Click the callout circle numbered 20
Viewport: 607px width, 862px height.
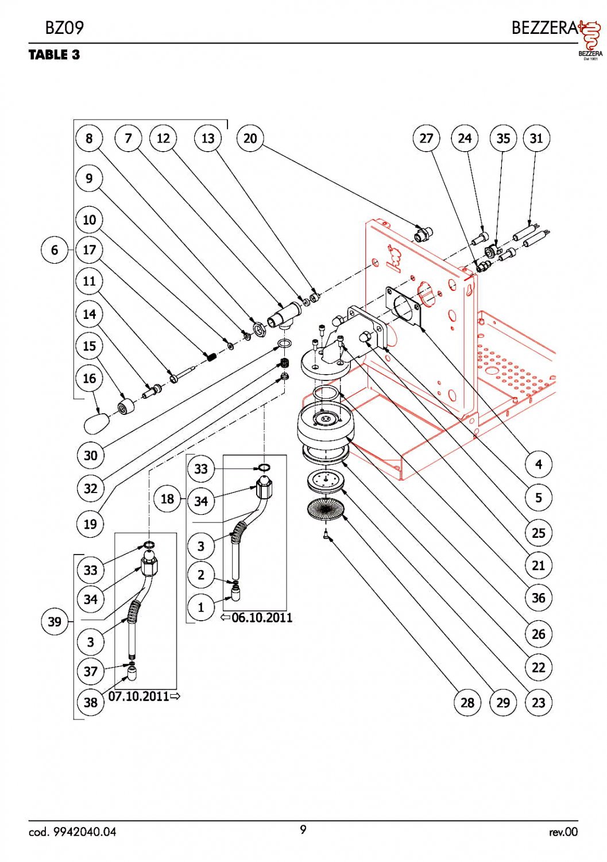pyautogui.click(x=250, y=138)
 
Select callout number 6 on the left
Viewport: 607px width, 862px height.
pyautogui.click(x=55, y=251)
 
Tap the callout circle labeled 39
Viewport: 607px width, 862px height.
pyautogui.click(x=55, y=622)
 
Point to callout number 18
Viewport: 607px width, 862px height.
pyautogui.click(x=167, y=498)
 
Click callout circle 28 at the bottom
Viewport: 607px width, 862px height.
pyautogui.click(x=467, y=702)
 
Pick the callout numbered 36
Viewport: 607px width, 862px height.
pyautogui.click(x=538, y=598)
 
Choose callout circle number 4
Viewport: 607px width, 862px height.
pyautogui.click(x=538, y=464)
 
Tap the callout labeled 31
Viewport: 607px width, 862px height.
pyautogui.click(x=536, y=138)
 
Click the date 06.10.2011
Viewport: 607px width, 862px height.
pyautogui.click(x=262, y=618)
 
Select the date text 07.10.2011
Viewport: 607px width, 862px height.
pyautogui.click(x=139, y=696)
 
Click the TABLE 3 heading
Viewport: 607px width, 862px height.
pyautogui.click(x=54, y=55)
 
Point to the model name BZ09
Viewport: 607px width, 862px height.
pyautogui.click(x=64, y=28)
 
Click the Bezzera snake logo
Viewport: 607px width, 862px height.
pyautogui.click(x=589, y=38)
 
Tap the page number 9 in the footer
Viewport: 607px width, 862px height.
pyautogui.click(x=303, y=829)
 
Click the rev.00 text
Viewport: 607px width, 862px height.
pyautogui.click(x=563, y=832)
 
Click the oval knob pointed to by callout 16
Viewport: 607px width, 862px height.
pyautogui.click(x=96, y=424)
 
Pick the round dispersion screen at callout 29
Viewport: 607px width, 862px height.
pyautogui.click(x=325, y=509)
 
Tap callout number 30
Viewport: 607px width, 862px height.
pyautogui.click(x=90, y=456)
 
